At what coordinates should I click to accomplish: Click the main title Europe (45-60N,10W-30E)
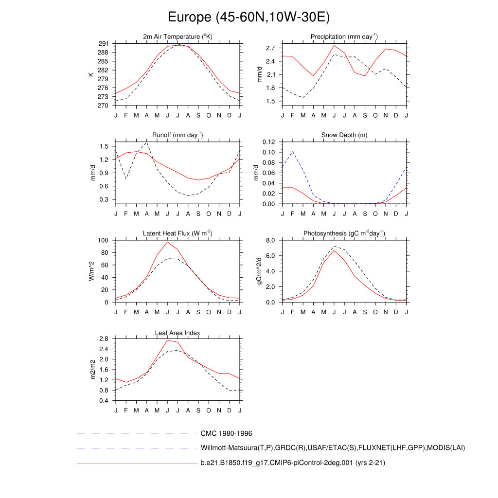pyautogui.click(x=249, y=18)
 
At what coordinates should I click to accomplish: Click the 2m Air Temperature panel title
pyautogui.click(x=178, y=37)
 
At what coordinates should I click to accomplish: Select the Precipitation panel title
pyautogui.click(x=344, y=37)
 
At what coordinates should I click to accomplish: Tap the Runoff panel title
pyautogui.click(x=178, y=135)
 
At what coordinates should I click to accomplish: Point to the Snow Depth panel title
pyautogui.click(x=344, y=135)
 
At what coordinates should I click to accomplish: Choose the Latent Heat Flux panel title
pyautogui.click(x=178, y=233)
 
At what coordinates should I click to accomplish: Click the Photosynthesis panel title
pyautogui.click(x=344, y=233)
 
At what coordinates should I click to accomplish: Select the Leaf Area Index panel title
pyautogui.click(x=178, y=333)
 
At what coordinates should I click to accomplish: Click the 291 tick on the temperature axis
pyautogui.click(x=103, y=44)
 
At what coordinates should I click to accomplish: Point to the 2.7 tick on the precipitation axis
pyautogui.click(x=271, y=48)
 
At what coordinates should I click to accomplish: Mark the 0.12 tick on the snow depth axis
pyautogui.click(x=269, y=142)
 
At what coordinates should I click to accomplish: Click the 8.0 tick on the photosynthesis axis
pyautogui.click(x=271, y=240)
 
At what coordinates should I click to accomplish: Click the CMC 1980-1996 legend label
pyautogui.click(x=226, y=433)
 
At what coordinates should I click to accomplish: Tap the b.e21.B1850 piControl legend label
pyautogui.click(x=293, y=463)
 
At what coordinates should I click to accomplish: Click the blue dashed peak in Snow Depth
pyautogui.click(x=293, y=151)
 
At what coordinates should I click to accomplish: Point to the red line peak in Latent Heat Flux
pyautogui.click(x=168, y=242)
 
